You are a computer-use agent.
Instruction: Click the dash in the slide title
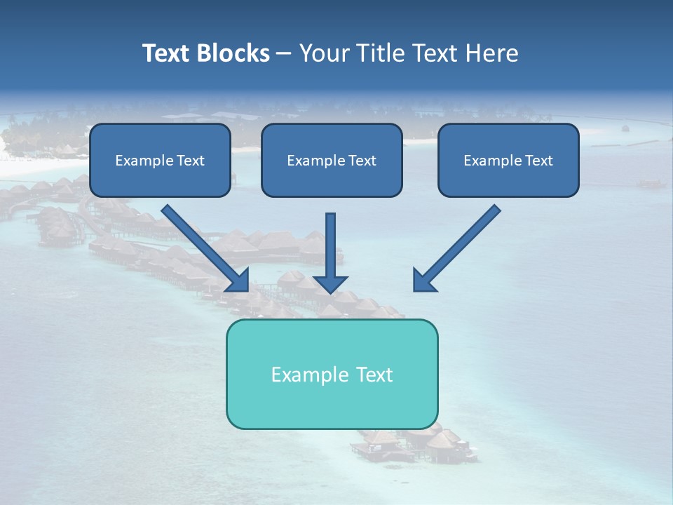[284, 54]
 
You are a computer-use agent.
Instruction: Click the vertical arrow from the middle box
[330, 245]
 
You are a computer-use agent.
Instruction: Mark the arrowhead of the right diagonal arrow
[423, 280]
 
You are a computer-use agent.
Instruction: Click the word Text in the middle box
[362, 161]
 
